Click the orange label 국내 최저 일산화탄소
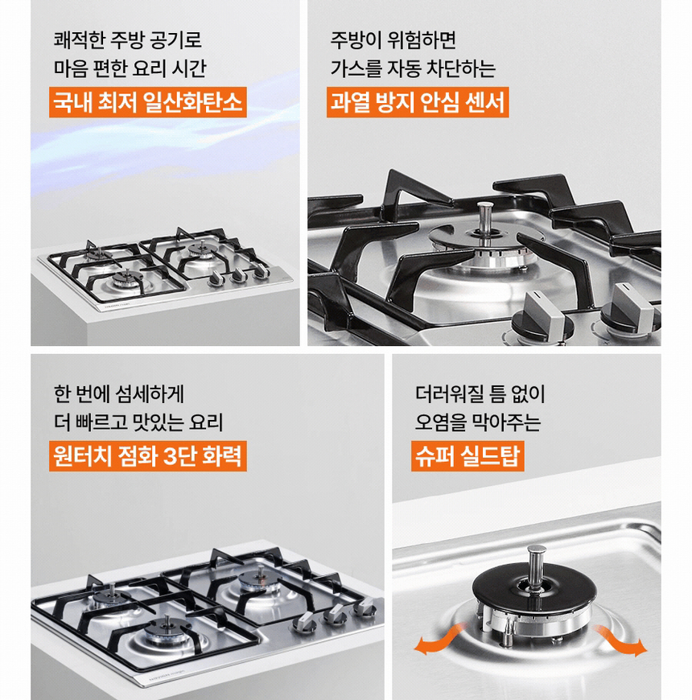point(147,103)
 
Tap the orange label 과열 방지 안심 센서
point(418,103)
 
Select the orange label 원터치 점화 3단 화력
point(147,456)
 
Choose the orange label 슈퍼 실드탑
point(468,456)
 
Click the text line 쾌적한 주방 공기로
point(127,39)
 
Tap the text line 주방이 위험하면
point(393,39)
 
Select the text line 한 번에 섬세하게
point(119,394)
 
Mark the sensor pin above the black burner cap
point(535,563)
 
